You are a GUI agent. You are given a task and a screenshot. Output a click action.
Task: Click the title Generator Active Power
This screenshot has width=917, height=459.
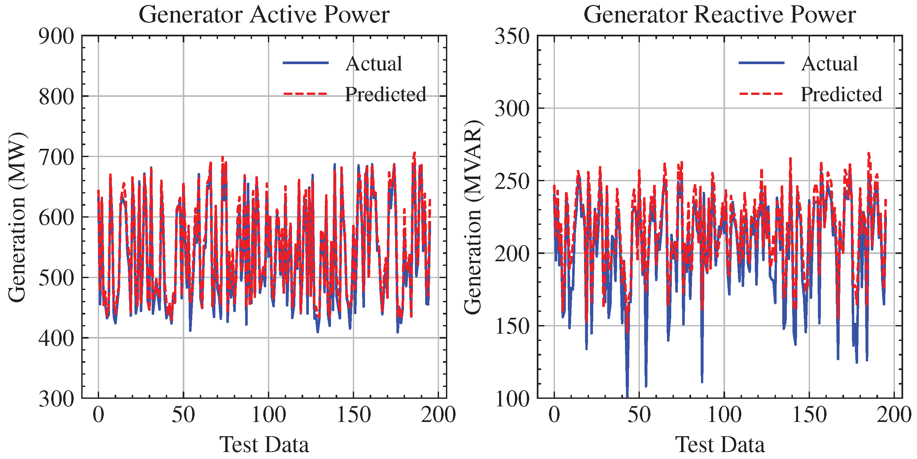[264, 15]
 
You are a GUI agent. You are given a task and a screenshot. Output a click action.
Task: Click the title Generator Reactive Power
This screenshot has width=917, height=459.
[719, 15]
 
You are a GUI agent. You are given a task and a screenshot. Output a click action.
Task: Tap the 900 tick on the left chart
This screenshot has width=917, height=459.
[56, 36]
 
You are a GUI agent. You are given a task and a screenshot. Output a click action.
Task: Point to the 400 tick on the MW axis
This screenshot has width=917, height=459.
[56, 338]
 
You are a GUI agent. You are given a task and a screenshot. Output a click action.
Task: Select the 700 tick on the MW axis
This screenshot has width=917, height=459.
[56, 157]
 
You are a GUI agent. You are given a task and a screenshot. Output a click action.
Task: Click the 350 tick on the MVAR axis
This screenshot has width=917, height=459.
[512, 36]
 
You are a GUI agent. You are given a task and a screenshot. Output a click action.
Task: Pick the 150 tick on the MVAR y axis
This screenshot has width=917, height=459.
[512, 326]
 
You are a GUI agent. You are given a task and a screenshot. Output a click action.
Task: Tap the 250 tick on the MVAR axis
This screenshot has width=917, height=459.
[512, 181]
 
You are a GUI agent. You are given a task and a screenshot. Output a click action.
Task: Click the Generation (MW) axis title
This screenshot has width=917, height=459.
[17, 217]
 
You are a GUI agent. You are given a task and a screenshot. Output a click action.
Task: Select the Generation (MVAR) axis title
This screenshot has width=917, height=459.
[473, 217]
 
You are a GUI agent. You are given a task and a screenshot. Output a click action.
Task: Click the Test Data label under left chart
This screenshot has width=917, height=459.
[264, 445]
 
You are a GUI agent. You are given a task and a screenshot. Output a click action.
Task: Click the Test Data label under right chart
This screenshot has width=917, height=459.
[719, 445]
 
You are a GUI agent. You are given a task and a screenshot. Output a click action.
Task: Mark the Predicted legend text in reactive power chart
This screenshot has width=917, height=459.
[841, 95]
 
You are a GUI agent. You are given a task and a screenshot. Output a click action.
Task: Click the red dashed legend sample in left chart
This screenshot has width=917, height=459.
[306, 94]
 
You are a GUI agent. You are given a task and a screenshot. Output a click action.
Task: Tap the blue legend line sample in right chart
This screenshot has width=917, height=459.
[761, 63]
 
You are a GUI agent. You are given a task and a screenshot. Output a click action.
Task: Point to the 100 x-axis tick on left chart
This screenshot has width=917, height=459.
[269, 415]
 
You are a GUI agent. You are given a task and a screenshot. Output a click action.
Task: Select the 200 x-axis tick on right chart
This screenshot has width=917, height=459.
[894, 415]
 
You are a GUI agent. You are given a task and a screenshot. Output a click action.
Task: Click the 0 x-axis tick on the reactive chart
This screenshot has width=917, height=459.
[554, 415]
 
